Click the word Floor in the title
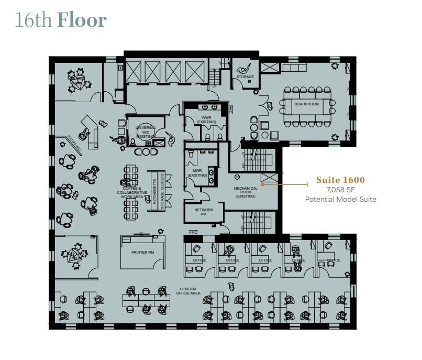tap(82, 20)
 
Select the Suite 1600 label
tap(340, 180)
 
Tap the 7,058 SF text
tap(340, 190)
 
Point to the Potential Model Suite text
tap(340, 199)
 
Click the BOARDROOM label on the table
tap(306, 104)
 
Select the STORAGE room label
tap(245, 77)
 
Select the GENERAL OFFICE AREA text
tap(188, 291)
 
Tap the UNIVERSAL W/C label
tap(146, 132)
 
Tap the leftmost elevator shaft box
tap(133, 70)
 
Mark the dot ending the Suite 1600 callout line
tap(262, 184)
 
